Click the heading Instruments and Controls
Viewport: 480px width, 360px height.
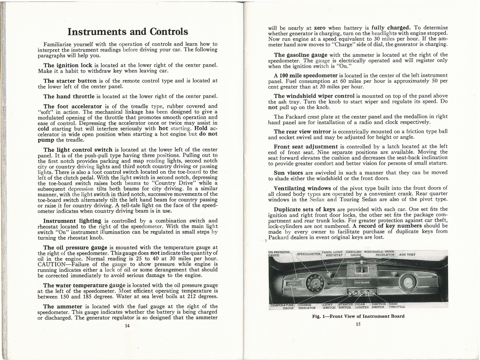128,31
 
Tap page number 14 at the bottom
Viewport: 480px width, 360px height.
127,326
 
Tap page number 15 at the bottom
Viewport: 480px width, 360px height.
358,324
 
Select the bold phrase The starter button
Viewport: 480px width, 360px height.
70,81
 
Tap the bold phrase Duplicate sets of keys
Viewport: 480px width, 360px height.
305,209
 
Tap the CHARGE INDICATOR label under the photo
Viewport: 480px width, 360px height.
307,306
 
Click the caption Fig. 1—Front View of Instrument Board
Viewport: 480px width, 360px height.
358,316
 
